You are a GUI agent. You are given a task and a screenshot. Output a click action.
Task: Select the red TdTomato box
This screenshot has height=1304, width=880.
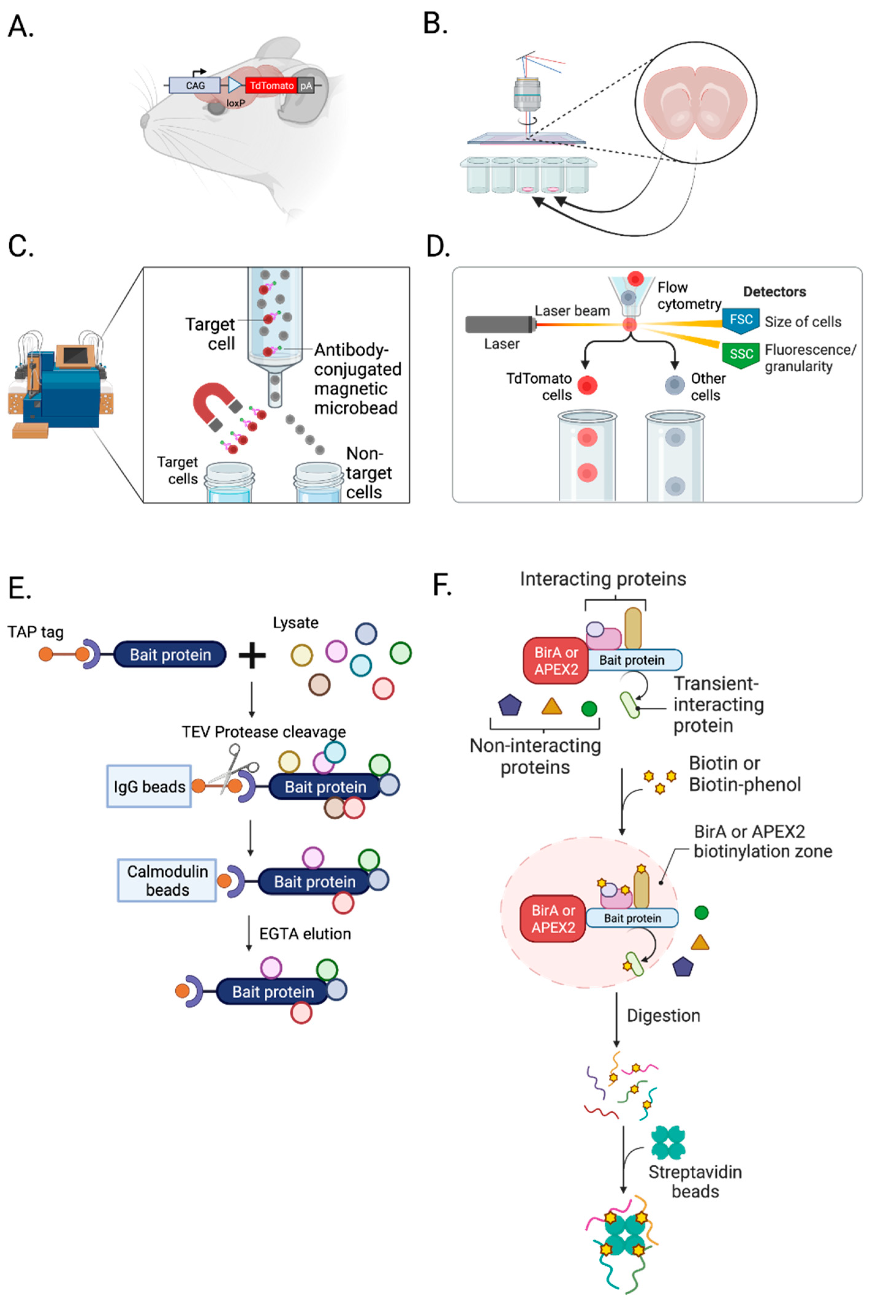coord(271,85)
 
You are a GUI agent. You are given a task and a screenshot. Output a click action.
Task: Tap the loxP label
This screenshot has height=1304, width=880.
coord(236,103)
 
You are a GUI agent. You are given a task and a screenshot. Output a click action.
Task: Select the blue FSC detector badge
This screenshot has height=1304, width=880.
coord(740,320)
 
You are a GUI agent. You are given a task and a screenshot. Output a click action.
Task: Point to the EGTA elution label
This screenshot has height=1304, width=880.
coord(304,934)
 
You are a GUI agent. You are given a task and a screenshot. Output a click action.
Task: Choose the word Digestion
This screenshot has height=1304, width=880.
coord(663,1016)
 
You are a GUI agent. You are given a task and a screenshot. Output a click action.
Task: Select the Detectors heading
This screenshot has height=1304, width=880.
coord(774,292)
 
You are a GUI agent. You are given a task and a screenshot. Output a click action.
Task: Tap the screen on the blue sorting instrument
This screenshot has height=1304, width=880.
coord(75,356)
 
